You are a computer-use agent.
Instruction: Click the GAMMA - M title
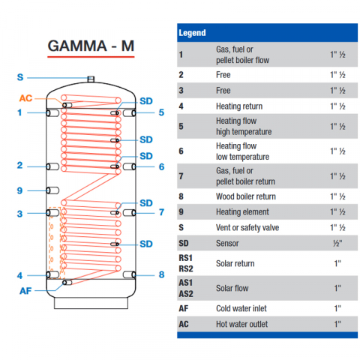(x=91, y=46)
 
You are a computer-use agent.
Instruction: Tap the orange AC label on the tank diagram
(x=25, y=98)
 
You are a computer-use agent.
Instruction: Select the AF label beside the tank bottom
(x=25, y=291)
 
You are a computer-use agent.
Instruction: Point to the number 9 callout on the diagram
(x=19, y=190)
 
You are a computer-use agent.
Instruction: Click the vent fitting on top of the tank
(x=91, y=79)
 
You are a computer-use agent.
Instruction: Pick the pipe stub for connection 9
(x=52, y=190)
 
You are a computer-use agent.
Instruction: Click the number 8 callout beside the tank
(x=162, y=274)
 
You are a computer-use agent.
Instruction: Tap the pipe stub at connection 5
(x=130, y=113)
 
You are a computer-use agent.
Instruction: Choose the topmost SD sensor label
(x=146, y=101)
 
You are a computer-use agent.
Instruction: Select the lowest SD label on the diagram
(x=146, y=244)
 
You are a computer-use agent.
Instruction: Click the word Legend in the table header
(x=192, y=33)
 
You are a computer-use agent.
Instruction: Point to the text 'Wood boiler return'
(x=246, y=196)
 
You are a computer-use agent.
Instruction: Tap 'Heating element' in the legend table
(x=242, y=212)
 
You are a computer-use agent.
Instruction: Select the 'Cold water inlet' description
(x=241, y=308)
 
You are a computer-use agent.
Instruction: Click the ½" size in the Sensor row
(x=337, y=243)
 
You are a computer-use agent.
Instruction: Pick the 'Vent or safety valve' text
(x=247, y=227)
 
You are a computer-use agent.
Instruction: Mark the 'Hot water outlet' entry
(x=241, y=324)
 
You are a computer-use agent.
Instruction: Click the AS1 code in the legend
(x=186, y=283)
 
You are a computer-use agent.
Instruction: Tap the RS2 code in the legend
(x=186, y=268)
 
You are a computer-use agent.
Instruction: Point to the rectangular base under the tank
(x=91, y=303)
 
